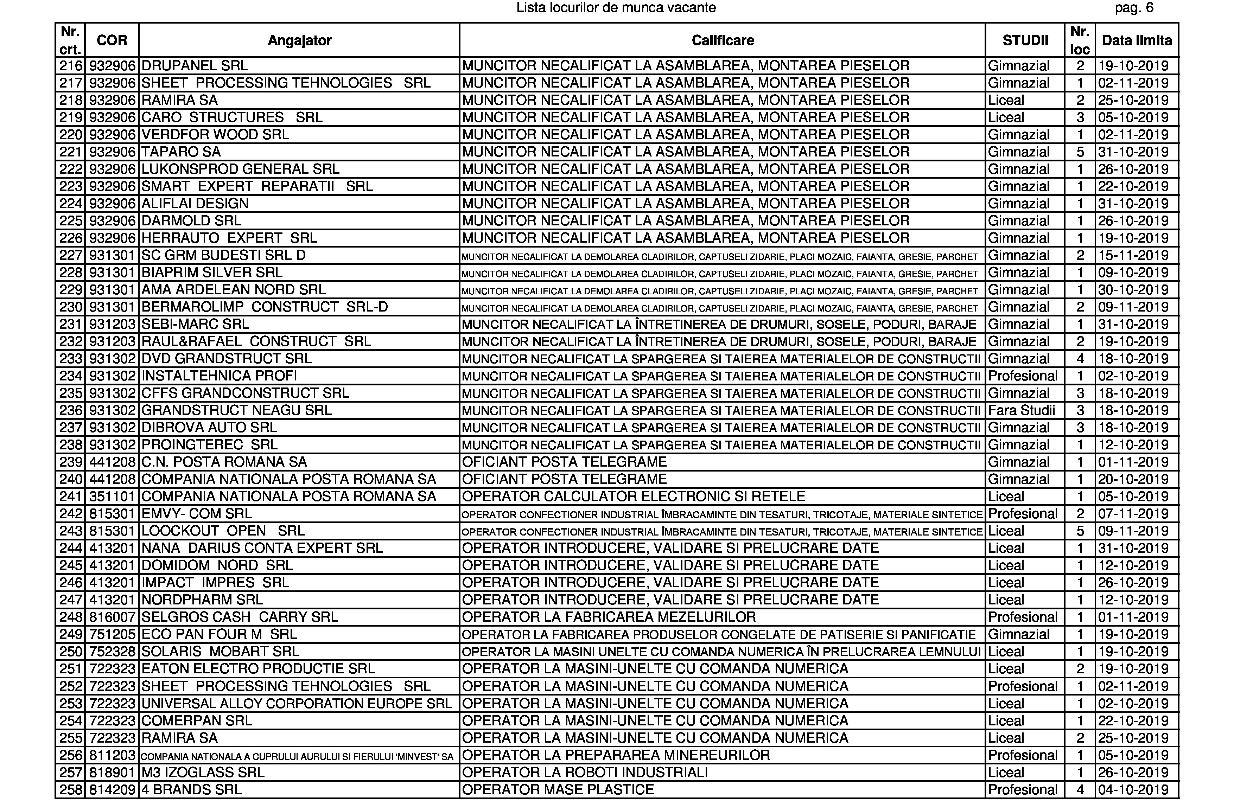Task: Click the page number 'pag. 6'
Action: click(1134, 8)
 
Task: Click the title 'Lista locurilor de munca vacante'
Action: click(616, 8)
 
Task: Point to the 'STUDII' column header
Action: click(1025, 40)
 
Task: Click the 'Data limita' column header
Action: click(1137, 40)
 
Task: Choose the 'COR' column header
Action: click(112, 40)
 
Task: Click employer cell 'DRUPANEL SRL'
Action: click(195, 66)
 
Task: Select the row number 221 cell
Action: click(71, 152)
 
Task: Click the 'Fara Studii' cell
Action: click(1022, 410)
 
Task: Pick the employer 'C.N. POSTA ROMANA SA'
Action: click(224, 462)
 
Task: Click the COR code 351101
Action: click(112, 496)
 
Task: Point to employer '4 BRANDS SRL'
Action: click(191, 790)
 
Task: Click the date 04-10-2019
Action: click(1133, 790)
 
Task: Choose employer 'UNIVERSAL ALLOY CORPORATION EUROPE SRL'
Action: click(297, 704)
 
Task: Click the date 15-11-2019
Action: click(1133, 255)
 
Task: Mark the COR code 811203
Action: click(112, 755)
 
